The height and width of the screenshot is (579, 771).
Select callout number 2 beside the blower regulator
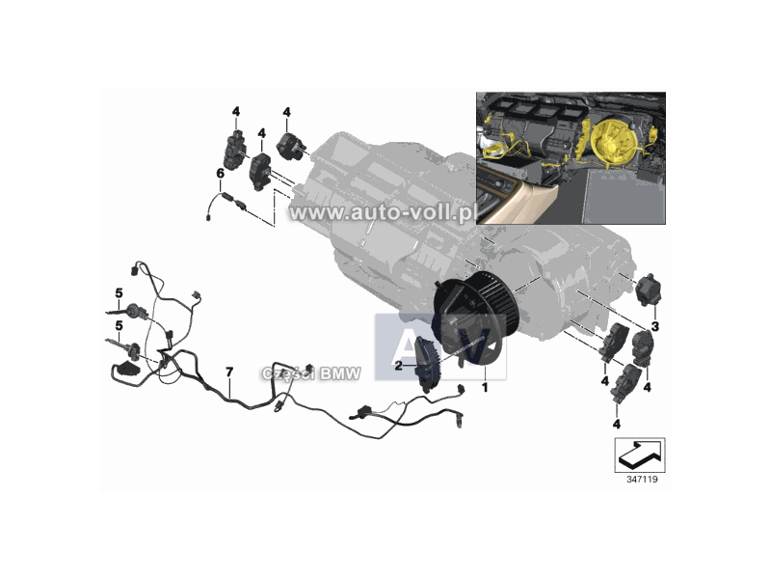point(399,366)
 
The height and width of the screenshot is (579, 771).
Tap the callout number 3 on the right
point(654,327)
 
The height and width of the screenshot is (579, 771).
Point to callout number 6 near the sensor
point(220,173)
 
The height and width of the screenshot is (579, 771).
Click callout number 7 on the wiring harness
point(228,372)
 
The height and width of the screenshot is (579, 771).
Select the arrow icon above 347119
point(639,451)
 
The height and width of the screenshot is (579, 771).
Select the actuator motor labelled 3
point(648,291)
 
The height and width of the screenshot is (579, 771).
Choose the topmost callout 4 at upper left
point(236,111)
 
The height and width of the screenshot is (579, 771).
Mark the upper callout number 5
point(119,292)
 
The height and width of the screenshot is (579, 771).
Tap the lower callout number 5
point(119,326)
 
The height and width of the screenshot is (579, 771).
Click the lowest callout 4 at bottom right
point(616,423)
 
